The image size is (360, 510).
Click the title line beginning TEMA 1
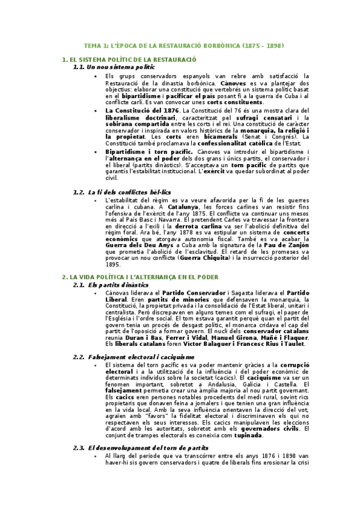click(183, 46)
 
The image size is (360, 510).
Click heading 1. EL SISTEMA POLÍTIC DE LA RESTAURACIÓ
click(129, 60)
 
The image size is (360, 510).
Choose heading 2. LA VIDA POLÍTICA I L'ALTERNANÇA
click(140, 277)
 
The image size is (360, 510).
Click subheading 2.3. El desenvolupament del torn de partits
click(148, 447)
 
